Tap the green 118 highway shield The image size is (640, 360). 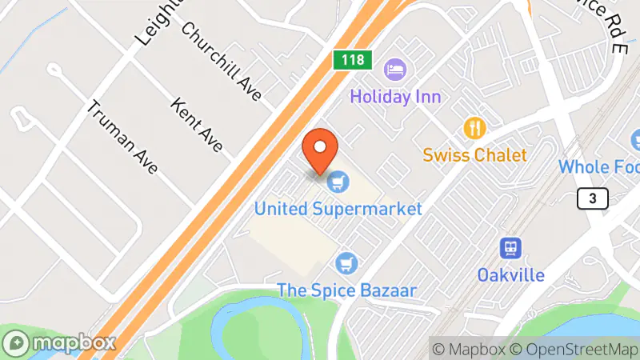(346, 61)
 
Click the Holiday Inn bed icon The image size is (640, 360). (394, 70)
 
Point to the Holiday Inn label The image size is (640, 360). (395, 97)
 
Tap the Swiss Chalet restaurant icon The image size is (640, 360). (475, 127)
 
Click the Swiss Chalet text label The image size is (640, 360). (475, 154)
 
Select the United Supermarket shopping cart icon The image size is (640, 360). (339, 182)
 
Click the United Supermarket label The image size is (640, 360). (338, 209)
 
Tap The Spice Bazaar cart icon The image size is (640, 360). (347, 262)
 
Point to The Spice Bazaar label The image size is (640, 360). (346, 289)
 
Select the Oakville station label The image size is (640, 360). (512, 274)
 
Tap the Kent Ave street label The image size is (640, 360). (195, 126)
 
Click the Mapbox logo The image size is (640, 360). (59, 342)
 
